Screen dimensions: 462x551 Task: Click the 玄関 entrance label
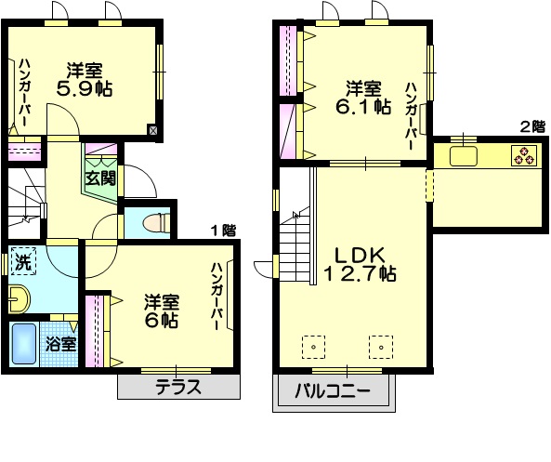click(101, 177)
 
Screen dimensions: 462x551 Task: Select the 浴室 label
click(60, 344)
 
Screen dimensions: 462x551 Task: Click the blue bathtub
click(23, 344)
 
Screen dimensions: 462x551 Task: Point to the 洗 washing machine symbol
click(23, 262)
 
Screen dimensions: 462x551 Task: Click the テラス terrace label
click(177, 388)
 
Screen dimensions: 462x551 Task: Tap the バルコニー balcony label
click(333, 390)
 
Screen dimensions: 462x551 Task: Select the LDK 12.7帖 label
click(361, 262)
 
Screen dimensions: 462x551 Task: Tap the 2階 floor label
click(531, 125)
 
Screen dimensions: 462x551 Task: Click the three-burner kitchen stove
click(523, 155)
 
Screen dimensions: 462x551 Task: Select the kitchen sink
click(464, 154)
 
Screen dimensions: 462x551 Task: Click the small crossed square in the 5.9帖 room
click(153, 131)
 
